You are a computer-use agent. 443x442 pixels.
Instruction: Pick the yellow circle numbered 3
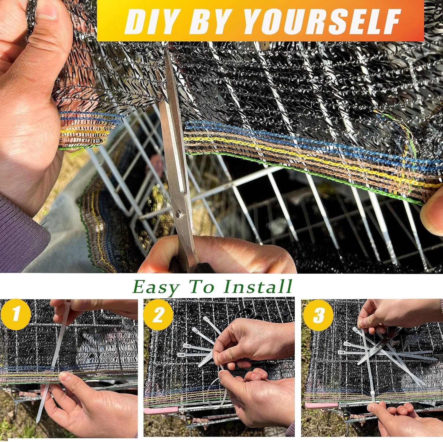coord(319,315)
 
